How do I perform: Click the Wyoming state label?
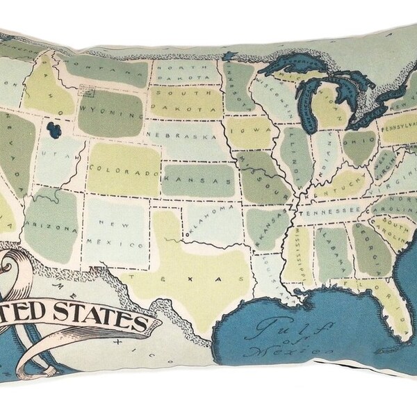108,110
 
